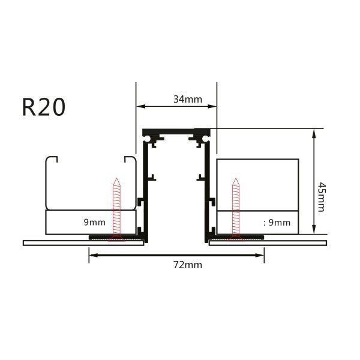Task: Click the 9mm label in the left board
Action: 94,222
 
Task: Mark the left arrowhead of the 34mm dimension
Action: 140,107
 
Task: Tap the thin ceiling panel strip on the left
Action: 54,243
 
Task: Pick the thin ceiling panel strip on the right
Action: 300,243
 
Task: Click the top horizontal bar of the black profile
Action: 174,131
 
